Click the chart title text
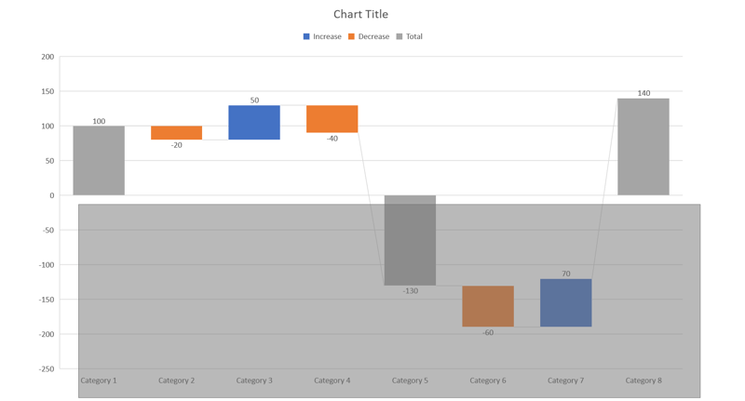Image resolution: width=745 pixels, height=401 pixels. [x=360, y=14]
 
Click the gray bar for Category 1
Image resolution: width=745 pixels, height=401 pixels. [x=99, y=160]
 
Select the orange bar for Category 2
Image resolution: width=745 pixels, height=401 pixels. [x=176, y=133]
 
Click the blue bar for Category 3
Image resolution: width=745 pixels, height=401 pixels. [x=254, y=122]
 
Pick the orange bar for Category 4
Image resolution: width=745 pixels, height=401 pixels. [x=332, y=119]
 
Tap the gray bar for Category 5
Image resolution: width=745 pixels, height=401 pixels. [x=410, y=240]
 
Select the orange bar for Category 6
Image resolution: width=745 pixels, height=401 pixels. [x=488, y=306]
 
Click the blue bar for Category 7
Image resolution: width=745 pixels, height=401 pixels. [x=565, y=302]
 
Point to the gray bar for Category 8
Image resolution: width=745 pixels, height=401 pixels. [x=643, y=147]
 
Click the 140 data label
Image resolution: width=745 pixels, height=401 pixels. [x=643, y=93]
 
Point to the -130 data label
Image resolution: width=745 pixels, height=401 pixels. [x=410, y=291]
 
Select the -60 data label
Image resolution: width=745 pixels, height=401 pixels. [x=488, y=332]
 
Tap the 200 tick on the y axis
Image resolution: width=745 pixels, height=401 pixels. [x=47, y=57]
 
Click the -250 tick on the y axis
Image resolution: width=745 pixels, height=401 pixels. [x=46, y=368]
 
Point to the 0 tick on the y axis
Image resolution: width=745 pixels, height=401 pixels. [x=51, y=195]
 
